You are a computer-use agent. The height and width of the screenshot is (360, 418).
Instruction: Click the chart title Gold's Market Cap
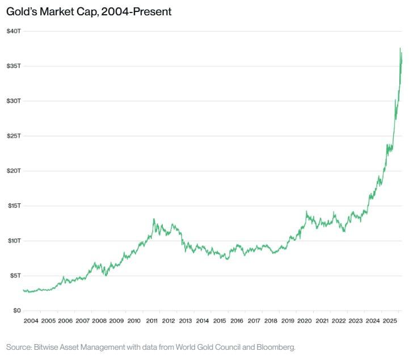(x=88, y=11)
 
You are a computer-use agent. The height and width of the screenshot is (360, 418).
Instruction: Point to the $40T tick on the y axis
(x=14, y=31)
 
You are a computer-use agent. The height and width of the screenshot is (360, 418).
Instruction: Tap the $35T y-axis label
(x=14, y=66)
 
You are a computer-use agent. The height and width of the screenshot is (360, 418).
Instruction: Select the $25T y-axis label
(x=14, y=136)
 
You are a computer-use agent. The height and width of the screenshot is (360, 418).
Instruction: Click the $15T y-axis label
(x=14, y=206)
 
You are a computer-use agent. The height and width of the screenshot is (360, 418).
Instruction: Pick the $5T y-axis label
(x=15, y=275)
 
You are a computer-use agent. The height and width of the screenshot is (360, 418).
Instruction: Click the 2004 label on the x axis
(x=31, y=321)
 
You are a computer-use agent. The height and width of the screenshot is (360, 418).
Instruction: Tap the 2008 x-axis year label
(x=99, y=321)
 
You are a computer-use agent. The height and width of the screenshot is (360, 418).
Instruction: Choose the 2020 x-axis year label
(x=305, y=321)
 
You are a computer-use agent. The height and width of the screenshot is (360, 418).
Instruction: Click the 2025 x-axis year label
(x=390, y=321)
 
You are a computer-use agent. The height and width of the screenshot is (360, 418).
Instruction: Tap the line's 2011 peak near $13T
(x=154, y=219)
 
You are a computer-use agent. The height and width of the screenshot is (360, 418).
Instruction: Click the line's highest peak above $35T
(x=400, y=48)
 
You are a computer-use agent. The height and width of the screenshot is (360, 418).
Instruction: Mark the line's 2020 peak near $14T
(x=306, y=212)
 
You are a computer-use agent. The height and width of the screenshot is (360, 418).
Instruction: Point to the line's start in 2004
(x=23, y=290)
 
